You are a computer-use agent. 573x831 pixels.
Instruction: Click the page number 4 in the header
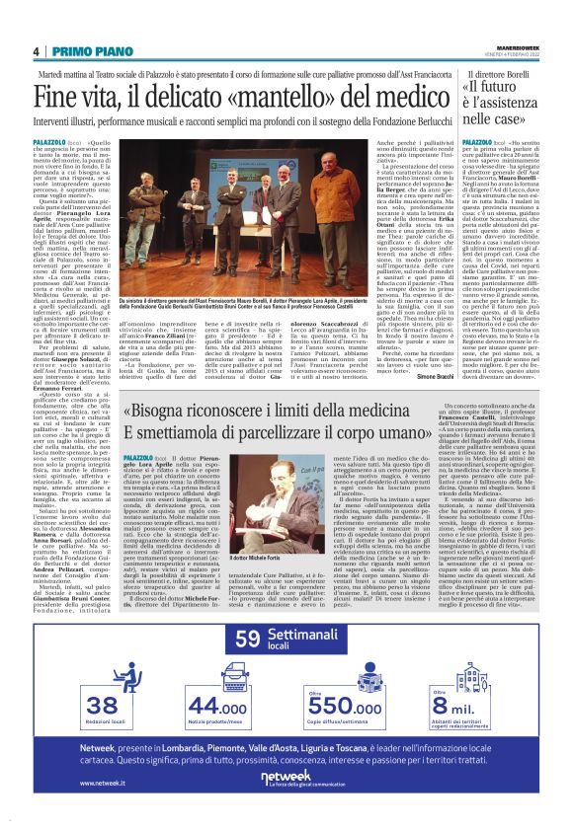[x=36, y=51]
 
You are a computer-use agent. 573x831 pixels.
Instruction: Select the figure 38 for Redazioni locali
[x=104, y=706]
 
